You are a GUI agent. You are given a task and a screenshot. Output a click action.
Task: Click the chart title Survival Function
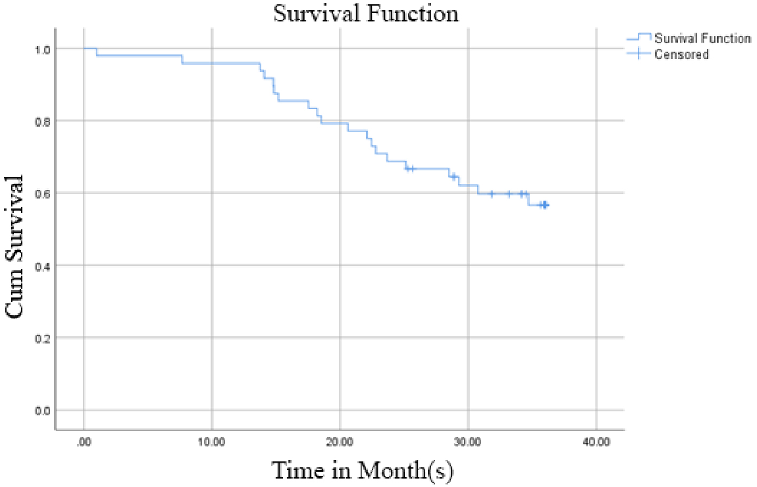366,13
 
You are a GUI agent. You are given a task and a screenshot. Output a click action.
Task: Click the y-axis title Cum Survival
14,246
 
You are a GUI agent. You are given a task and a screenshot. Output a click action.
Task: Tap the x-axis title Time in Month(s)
363,470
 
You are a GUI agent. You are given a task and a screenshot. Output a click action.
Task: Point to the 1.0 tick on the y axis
43,50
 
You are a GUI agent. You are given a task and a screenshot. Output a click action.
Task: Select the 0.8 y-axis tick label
43,122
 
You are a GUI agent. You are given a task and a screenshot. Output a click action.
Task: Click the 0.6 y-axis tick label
43,194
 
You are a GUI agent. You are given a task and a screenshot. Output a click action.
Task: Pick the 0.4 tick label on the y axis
43,266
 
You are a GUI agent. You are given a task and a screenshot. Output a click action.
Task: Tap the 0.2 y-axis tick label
43,339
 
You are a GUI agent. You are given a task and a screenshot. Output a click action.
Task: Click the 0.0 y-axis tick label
43,411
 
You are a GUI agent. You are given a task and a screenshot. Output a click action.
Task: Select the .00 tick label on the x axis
84,442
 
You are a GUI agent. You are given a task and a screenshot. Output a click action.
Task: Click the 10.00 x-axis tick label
212,442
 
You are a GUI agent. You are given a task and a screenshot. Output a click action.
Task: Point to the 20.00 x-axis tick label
340,442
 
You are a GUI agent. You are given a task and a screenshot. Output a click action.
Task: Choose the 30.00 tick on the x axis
468,442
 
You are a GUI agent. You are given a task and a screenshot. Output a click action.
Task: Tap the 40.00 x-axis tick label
596,442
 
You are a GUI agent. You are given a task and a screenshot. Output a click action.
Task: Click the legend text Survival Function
702,38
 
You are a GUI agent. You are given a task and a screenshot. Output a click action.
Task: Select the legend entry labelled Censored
682,54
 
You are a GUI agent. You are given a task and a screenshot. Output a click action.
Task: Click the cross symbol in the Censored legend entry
639,54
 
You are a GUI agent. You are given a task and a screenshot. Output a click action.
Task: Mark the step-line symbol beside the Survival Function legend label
639,37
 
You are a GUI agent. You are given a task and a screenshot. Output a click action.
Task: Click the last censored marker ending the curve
545,205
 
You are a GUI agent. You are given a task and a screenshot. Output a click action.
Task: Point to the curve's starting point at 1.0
84,49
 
